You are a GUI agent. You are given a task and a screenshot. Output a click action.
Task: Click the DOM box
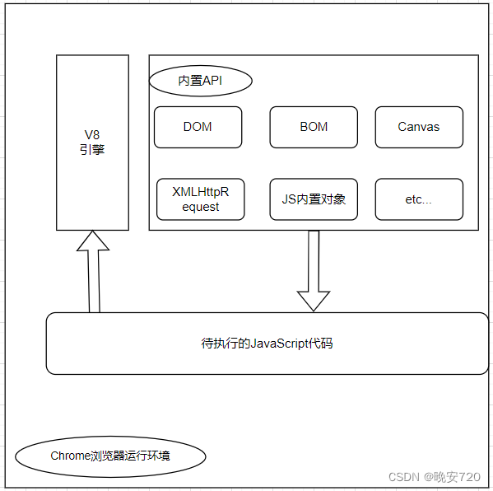tap(198, 127)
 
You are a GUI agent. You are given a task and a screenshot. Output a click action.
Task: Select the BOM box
tap(314, 127)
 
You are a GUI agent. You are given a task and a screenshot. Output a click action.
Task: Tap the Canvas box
tap(418, 127)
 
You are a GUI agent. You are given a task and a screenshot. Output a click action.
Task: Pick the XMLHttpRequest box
tap(200, 199)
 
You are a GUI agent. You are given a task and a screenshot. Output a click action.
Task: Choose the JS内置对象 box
tap(314, 199)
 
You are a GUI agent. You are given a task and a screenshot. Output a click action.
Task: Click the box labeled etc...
tap(418, 199)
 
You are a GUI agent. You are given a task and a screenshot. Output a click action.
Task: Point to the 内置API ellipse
tap(200, 81)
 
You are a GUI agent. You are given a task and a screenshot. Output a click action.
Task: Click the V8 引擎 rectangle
tap(92, 143)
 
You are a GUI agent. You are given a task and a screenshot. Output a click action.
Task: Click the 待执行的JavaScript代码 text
tap(267, 344)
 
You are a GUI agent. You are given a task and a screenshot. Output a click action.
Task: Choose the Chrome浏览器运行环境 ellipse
tap(110, 456)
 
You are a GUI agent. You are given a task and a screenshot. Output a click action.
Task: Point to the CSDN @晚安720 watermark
tap(434, 477)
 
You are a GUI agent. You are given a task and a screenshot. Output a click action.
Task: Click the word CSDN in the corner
tap(404, 477)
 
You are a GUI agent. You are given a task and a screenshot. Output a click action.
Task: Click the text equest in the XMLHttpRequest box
tap(200, 207)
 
